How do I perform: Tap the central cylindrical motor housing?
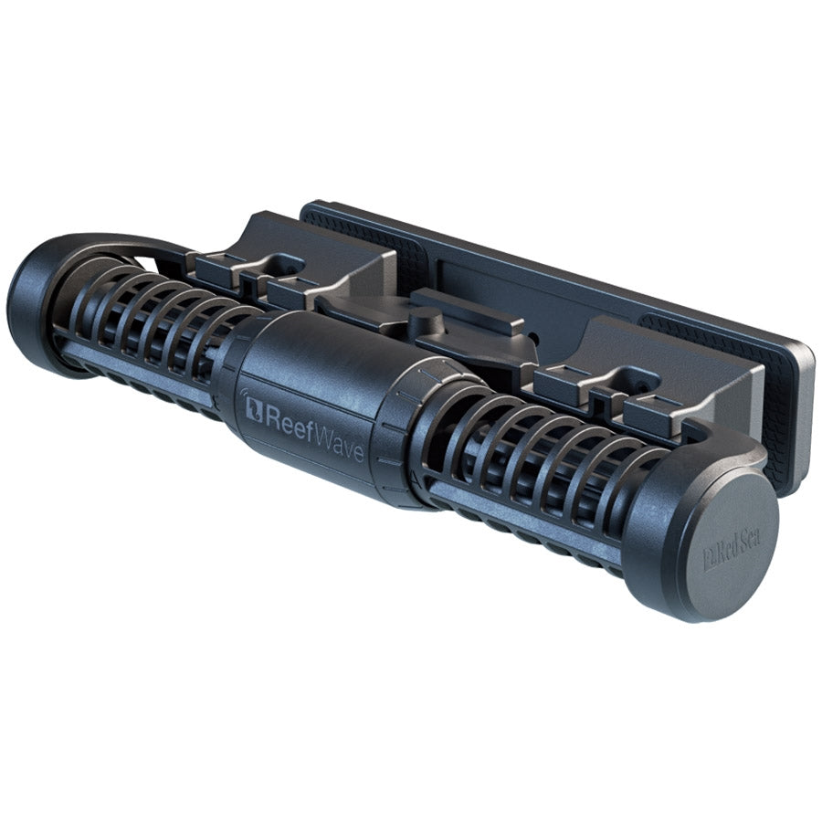311,402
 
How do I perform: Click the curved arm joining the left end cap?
119,245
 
